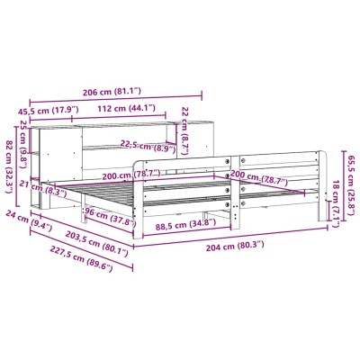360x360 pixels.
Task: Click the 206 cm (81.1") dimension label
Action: coord(112,92)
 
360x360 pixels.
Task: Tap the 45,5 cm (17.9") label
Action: coord(49,111)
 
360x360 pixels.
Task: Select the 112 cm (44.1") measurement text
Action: coord(126,108)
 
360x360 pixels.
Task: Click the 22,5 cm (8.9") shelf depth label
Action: coord(148,146)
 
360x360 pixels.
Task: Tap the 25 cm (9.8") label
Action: coord(23,140)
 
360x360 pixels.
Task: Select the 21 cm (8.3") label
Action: coord(42,188)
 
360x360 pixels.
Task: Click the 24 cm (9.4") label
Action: coord(29,221)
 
